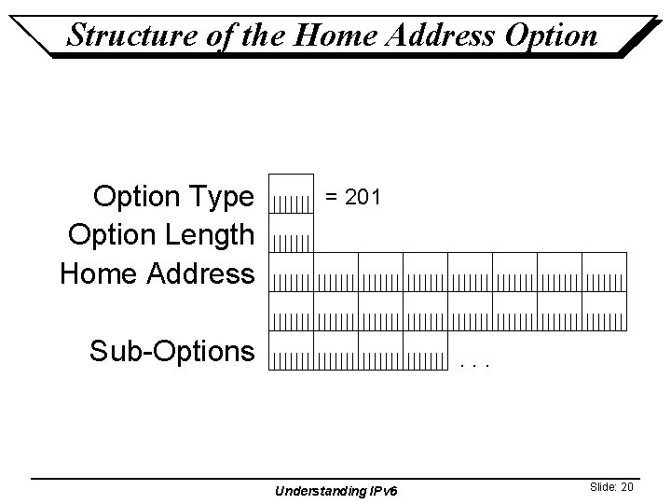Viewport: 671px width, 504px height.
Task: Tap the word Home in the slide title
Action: click(323, 35)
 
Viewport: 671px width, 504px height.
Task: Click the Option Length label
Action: click(160, 234)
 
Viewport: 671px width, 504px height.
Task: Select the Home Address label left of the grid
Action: click(157, 273)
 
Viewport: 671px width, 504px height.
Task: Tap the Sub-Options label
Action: click(171, 351)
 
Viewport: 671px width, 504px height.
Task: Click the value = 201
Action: click(351, 197)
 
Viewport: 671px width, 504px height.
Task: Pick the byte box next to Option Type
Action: click(291, 193)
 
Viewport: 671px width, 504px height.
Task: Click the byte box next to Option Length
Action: click(291, 233)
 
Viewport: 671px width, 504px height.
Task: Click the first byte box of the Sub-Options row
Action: click(291, 351)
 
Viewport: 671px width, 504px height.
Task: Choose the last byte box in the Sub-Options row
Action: click(425, 351)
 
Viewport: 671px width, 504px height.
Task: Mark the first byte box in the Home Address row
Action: click(291, 272)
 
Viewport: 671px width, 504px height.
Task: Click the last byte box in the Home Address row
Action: click(604, 272)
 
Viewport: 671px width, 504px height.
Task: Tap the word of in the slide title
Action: click(215, 35)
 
